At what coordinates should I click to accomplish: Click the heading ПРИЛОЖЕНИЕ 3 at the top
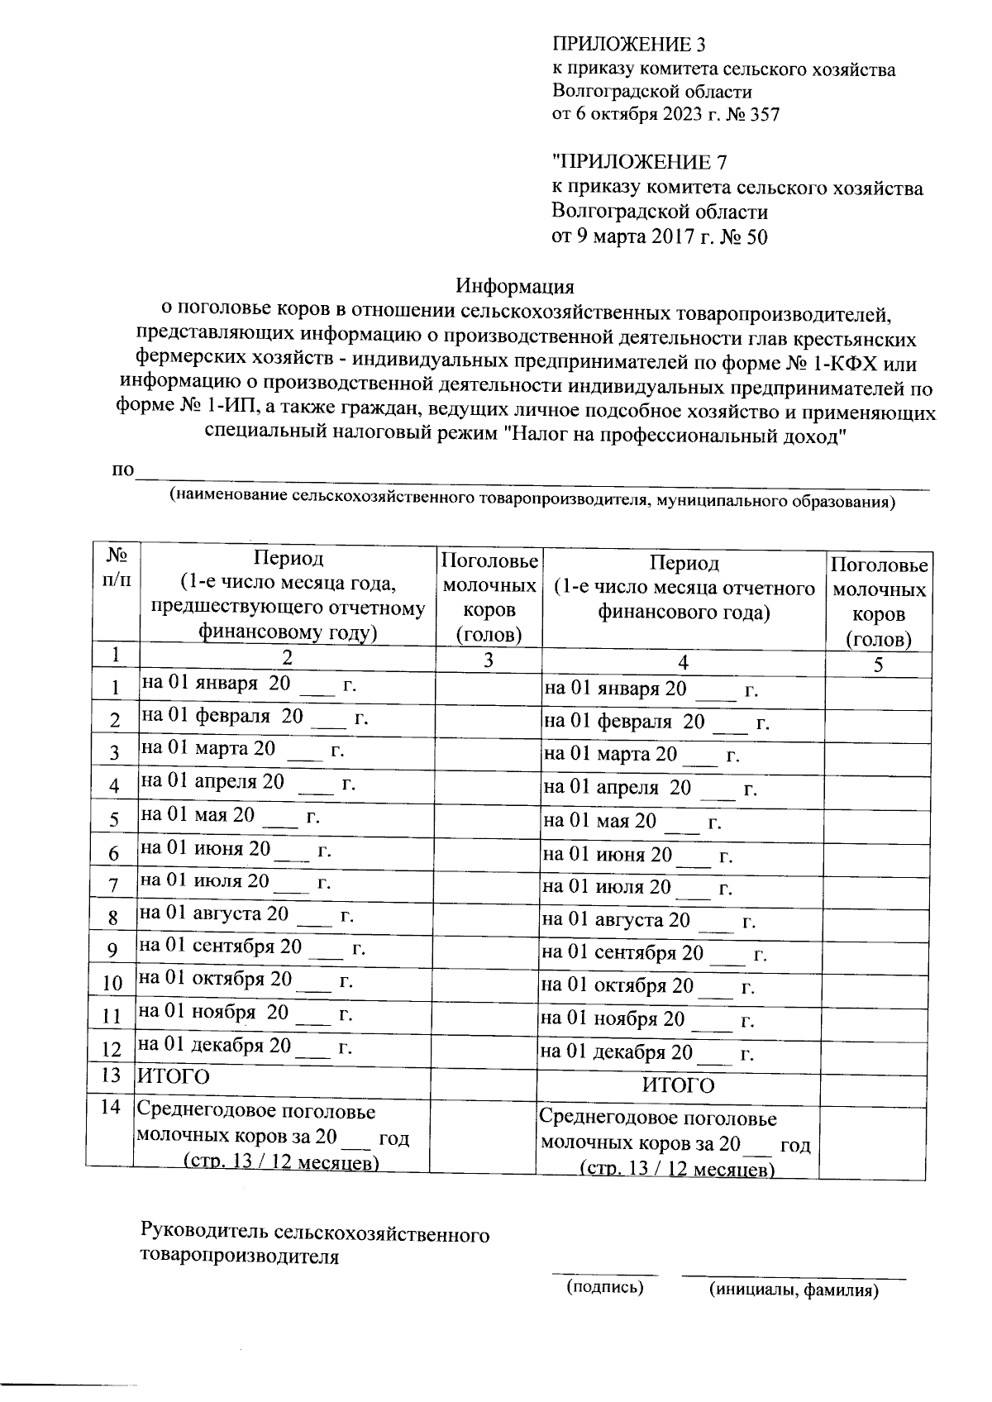click(x=628, y=45)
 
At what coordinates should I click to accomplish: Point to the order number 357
click(x=764, y=115)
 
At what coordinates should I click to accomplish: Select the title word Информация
click(x=516, y=287)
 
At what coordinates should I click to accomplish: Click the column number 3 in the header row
click(x=489, y=660)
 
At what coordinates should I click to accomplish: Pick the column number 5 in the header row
click(x=878, y=665)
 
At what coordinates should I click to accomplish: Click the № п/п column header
click(x=114, y=566)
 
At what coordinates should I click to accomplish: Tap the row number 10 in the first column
click(x=112, y=984)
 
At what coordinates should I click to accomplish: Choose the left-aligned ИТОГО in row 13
click(x=174, y=1076)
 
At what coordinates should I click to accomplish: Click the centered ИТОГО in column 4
click(x=678, y=1085)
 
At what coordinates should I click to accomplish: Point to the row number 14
click(x=112, y=1108)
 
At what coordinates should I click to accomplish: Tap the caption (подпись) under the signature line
click(x=604, y=1287)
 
